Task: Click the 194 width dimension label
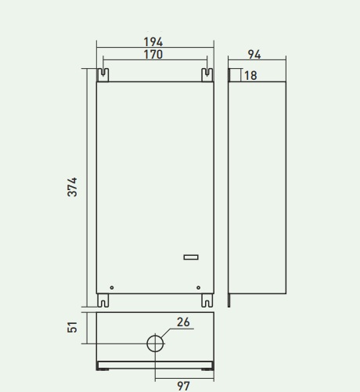pyautogui.click(x=153, y=41)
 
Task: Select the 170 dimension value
pyautogui.click(x=153, y=55)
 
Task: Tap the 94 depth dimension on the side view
pyautogui.click(x=254, y=54)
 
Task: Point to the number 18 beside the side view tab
pyautogui.click(x=250, y=76)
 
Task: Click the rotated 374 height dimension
pyautogui.click(x=72, y=187)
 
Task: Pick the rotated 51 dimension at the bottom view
pyautogui.click(x=72, y=327)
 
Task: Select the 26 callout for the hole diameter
pyautogui.click(x=183, y=322)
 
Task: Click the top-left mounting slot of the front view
pyautogui.click(x=103, y=74)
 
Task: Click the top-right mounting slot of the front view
pyautogui.click(x=207, y=74)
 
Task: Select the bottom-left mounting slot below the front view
pyautogui.click(x=103, y=300)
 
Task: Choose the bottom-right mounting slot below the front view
pyautogui.click(x=207, y=300)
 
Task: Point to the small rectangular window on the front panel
pyautogui.click(x=192, y=257)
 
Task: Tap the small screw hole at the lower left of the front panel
pyautogui.click(x=112, y=287)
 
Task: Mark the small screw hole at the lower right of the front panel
pyautogui.click(x=198, y=287)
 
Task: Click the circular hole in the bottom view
pyautogui.click(x=156, y=343)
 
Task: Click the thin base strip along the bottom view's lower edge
pyautogui.click(x=155, y=365)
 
